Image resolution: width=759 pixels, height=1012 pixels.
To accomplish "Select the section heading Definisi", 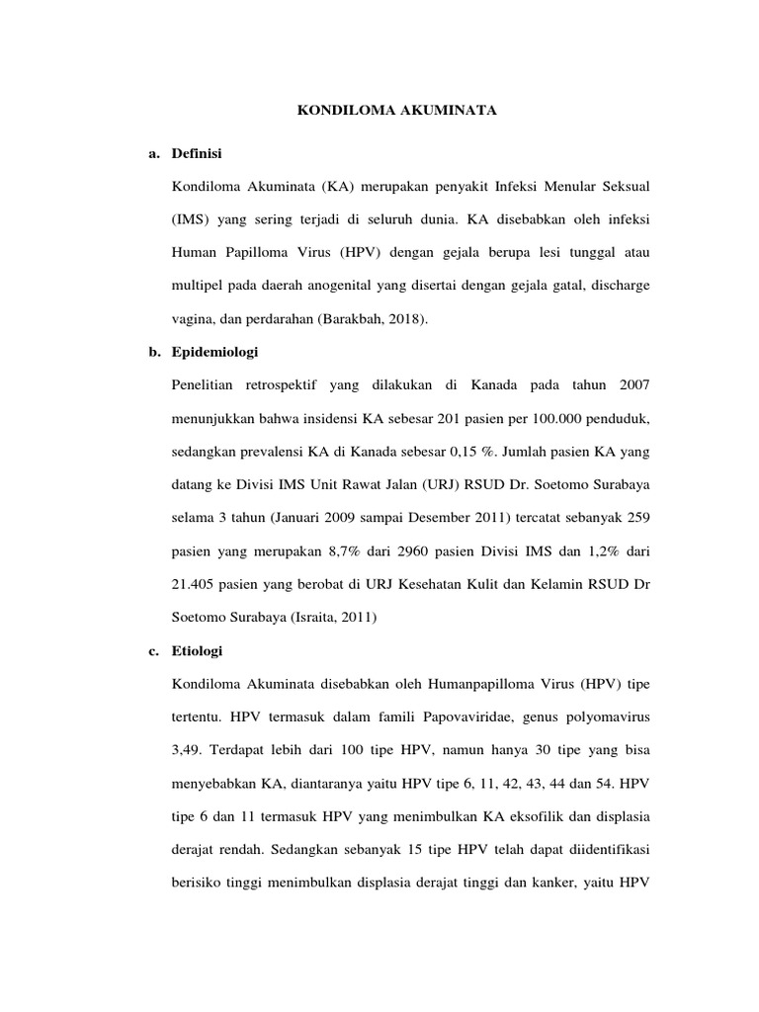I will (x=197, y=154).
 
